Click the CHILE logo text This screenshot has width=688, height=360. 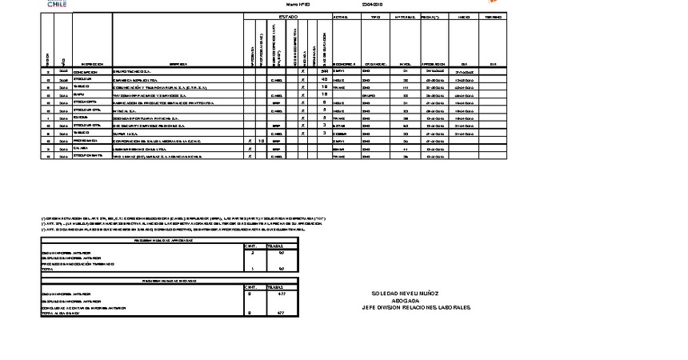57,4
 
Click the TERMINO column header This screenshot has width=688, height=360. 493,16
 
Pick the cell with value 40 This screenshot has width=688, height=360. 324,79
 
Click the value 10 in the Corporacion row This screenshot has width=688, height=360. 261,139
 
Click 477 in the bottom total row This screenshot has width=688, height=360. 281,313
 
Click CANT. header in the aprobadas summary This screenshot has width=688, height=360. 252,246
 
